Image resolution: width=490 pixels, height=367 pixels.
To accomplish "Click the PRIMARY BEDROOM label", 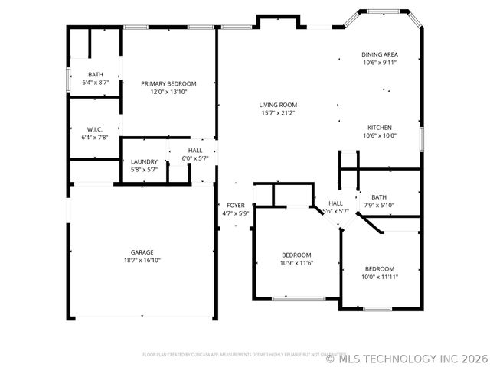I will (168, 83).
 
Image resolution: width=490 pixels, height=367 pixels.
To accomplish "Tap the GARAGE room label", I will (142, 252).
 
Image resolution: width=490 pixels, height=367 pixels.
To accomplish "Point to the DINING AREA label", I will (380, 54).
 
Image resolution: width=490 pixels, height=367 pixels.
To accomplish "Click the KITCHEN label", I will (380, 128).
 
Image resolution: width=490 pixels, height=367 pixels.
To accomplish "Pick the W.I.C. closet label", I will (95, 129).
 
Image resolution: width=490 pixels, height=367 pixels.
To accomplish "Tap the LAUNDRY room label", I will (144, 161).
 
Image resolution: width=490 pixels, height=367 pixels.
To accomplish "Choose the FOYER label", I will (236, 206).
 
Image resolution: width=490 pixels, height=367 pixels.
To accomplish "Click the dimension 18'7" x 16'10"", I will (142, 260).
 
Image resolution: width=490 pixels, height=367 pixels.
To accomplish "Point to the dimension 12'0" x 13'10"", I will (168, 92).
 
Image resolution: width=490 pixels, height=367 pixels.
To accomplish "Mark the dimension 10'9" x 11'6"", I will (296, 263).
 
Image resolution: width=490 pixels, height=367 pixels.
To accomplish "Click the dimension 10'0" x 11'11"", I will (380, 277).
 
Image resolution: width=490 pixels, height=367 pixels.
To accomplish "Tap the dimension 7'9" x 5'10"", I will (379, 205).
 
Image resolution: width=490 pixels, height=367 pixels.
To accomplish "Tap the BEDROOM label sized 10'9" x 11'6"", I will (296, 255).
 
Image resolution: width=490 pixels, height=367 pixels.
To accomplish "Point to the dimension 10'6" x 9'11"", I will (380, 63).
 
